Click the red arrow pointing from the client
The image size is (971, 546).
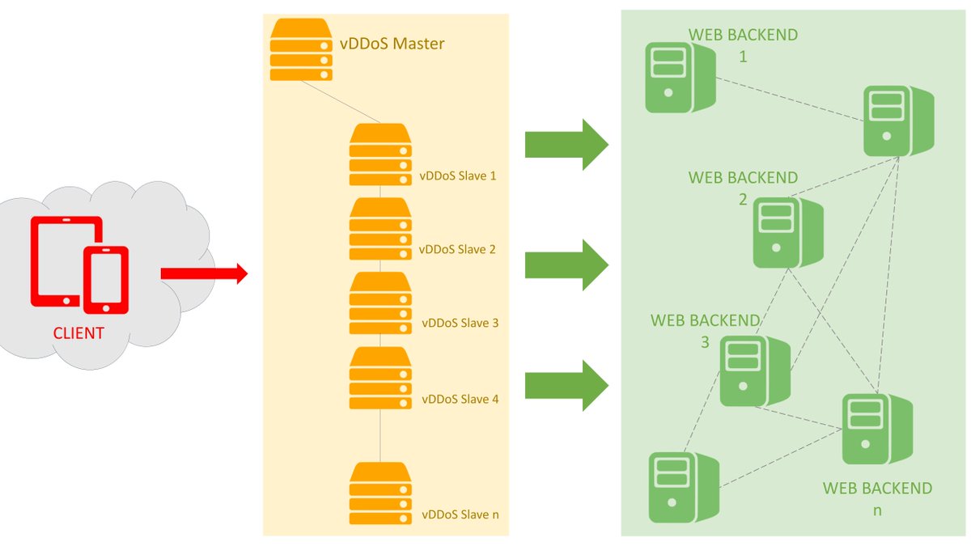coord(204,273)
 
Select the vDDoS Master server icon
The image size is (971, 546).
coord(301,49)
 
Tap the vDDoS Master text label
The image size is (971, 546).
coord(392,44)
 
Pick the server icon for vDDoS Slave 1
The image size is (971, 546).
coord(380,154)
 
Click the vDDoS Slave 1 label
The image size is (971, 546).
coord(458,176)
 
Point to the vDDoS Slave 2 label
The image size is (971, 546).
coord(457,250)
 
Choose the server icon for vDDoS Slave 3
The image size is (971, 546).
coord(380,303)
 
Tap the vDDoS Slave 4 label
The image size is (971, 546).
coord(460,399)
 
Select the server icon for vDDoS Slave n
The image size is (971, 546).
coord(380,493)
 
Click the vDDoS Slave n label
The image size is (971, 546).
coord(460,514)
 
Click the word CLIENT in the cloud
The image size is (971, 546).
coord(78,333)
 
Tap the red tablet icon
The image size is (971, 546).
coord(66,261)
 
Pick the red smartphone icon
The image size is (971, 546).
coord(106,280)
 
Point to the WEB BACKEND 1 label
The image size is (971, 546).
coord(743,45)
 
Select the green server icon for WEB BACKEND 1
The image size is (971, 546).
coord(681,78)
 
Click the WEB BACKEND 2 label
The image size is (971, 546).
coord(743,188)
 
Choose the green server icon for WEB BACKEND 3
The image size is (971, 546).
coord(755,371)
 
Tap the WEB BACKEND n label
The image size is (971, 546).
coord(877,499)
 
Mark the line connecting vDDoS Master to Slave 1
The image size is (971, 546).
coord(341,102)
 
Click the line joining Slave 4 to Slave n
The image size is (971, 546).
coord(380,435)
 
